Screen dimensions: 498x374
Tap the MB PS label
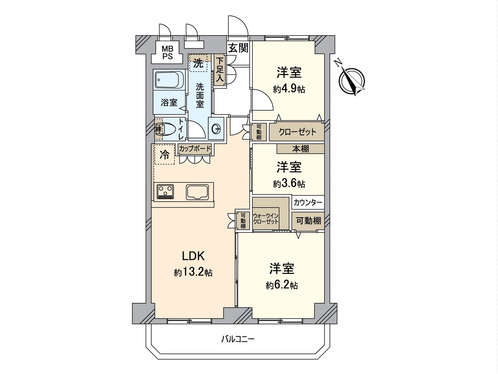(x=167, y=52)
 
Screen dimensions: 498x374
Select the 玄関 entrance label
(x=238, y=48)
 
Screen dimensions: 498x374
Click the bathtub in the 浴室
(x=169, y=79)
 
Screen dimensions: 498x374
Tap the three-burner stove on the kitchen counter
(x=165, y=192)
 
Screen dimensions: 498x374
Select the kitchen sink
(x=197, y=192)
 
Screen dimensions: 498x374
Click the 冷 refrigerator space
(x=164, y=154)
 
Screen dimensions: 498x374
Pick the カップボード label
(x=195, y=149)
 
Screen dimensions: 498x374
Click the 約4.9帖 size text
(x=289, y=89)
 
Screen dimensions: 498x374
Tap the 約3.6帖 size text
(x=289, y=184)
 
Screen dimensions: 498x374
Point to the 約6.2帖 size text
(x=282, y=285)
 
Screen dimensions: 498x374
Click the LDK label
(x=193, y=256)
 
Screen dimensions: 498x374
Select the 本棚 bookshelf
(x=300, y=149)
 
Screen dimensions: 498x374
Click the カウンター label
(x=308, y=203)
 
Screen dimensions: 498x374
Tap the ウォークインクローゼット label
(x=266, y=219)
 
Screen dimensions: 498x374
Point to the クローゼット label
(x=297, y=132)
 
